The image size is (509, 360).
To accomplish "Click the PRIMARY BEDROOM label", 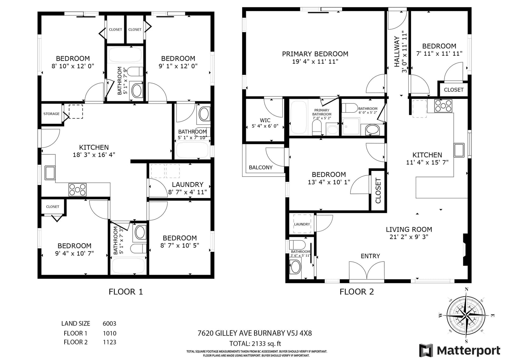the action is pos(315,54).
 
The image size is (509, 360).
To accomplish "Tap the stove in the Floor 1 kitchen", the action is pos(78,190).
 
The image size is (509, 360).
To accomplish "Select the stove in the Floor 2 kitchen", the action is pos(443,106).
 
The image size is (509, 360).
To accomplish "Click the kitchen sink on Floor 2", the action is pos(459,150).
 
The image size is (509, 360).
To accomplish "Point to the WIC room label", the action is pos(265,120).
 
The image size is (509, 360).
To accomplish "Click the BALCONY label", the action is pos(261,167).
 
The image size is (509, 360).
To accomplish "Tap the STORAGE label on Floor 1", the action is pos(51,114).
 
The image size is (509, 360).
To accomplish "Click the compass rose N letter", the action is pos(466,289).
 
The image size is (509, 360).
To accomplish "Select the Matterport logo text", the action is pos(469,350).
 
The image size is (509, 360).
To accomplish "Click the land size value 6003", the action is pos(109,323).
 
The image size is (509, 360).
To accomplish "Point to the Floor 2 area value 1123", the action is pos(109,342).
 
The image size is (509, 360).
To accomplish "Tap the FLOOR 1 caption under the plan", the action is pos(126,292).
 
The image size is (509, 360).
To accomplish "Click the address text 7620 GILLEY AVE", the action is pos(225,333).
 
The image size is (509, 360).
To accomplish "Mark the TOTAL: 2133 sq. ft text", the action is pos(255,343).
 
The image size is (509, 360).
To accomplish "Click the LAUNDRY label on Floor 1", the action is pos(187,184).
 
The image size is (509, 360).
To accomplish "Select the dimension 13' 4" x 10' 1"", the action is pos(329,182).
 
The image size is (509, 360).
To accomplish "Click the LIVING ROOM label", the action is pos(409,229).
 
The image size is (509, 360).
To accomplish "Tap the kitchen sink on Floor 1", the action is pos(50,173).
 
